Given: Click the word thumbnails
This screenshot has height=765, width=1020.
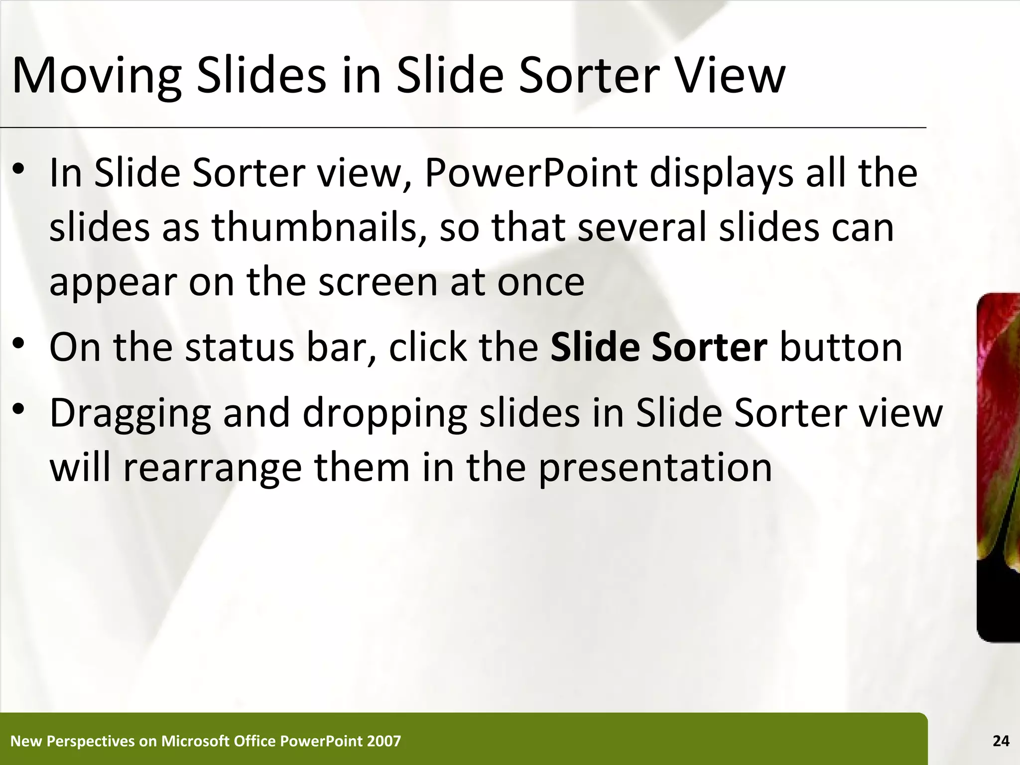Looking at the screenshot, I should click(319, 227).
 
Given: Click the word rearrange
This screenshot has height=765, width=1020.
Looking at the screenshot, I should click(212, 468).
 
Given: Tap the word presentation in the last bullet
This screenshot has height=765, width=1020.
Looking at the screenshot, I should click(655, 468).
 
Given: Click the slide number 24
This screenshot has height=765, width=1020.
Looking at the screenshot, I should click(1001, 741).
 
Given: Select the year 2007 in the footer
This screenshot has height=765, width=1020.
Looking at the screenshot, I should click(383, 741).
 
